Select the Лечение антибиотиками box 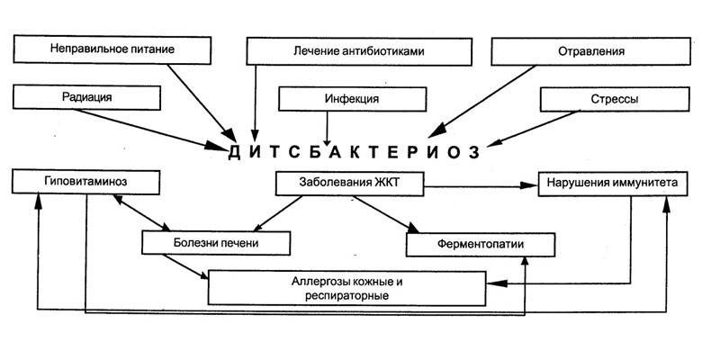(358, 50)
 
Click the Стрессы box (604, 99)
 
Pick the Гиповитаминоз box (86, 181)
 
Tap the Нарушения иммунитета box (615, 184)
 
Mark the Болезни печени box (217, 242)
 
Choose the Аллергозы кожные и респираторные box (346, 287)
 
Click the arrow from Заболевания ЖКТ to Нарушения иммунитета (478, 186)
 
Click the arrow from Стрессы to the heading (536, 128)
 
